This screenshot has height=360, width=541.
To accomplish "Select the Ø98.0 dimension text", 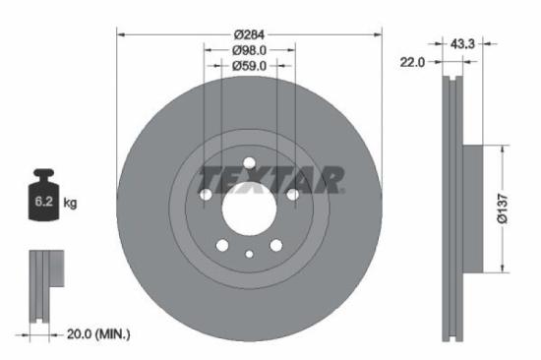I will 249,50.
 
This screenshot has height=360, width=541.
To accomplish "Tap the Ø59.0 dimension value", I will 249,67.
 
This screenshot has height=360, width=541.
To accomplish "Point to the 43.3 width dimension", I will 462,44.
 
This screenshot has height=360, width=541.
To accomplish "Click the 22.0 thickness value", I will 412,62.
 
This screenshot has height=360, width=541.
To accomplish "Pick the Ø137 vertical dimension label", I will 502,209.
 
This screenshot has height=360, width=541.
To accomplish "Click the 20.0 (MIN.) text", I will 96,334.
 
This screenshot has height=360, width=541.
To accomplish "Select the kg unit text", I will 71,204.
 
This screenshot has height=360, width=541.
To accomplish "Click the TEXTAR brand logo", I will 270,180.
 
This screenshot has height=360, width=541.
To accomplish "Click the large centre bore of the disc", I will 249,210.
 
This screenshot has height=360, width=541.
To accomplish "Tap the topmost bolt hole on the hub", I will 249,163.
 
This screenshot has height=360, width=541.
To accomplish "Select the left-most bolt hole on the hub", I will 206,195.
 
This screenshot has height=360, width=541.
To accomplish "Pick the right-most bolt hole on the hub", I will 292,195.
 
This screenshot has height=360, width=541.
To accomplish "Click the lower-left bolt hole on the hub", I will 222,245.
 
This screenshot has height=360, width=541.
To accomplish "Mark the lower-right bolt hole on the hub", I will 275,245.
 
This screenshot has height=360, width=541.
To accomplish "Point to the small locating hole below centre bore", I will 249,254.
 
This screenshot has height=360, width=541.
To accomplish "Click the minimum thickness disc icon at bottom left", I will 40,285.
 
